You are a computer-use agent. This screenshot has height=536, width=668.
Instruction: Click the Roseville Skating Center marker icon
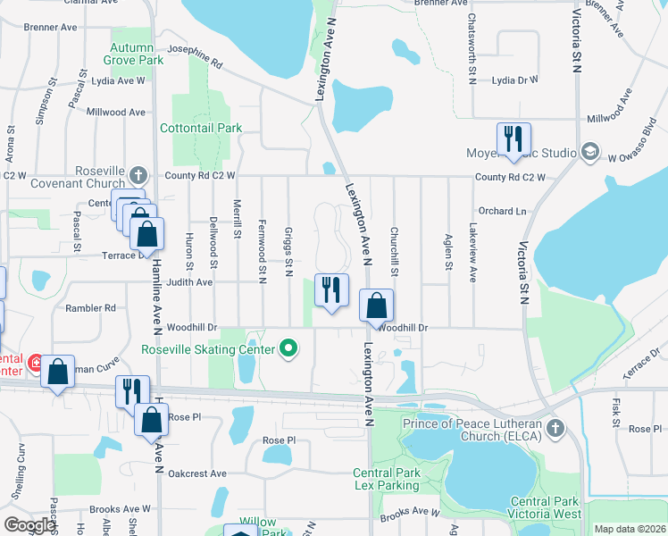(x=288, y=348)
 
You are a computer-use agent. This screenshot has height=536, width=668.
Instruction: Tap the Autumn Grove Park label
(x=138, y=53)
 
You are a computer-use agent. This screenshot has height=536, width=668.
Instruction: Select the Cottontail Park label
(x=201, y=128)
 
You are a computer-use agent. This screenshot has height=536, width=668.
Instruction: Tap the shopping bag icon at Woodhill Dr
(x=377, y=305)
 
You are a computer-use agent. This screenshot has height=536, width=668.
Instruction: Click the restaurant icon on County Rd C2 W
(x=513, y=138)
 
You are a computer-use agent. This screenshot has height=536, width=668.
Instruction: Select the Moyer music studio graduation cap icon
(x=589, y=153)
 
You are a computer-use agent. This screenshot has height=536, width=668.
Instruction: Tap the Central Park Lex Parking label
(x=386, y=480)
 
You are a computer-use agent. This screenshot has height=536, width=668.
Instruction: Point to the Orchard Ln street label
(x=501, y=212)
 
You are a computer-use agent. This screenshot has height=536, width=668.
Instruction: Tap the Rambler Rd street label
(x=91, y=308)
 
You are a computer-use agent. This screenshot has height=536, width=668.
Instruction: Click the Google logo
(x=29, y=524)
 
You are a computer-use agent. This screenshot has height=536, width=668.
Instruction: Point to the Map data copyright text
(x=629, y=529)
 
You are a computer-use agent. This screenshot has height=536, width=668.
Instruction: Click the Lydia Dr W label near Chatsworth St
(x=515, y=80)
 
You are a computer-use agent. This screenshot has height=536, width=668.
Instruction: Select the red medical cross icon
(x=36, y=363)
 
